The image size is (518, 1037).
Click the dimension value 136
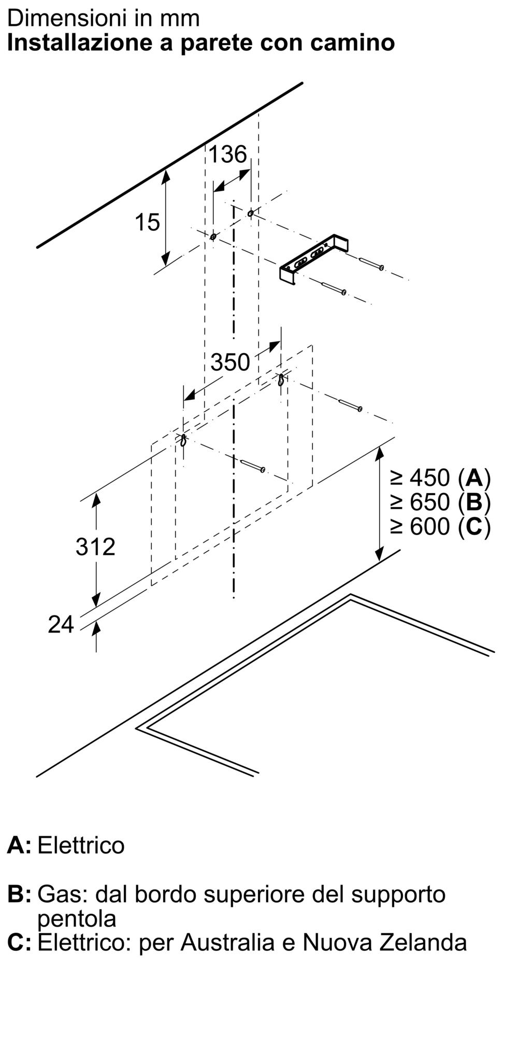(x=227, y=155)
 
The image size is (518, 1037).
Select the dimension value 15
(x=147, y=222)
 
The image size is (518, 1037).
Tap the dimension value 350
(x=230, y=362)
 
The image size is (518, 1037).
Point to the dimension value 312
(x=95, y=547)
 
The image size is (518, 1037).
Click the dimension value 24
(x=61, y=625)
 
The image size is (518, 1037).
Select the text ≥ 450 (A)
(x=440, y=477)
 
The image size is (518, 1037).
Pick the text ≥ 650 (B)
(x=440, y=502)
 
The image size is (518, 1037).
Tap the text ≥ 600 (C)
(x=440, y=527)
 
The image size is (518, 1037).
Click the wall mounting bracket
(x=314, y=259)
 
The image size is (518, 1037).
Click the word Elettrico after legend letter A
(x=81, y=845)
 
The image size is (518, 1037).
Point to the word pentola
(x=77, y=919)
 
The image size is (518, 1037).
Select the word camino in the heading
(x=352, y=43)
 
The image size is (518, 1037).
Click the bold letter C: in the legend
(x=19, y=942)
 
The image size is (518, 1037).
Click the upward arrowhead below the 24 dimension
(x=96, y=628)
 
